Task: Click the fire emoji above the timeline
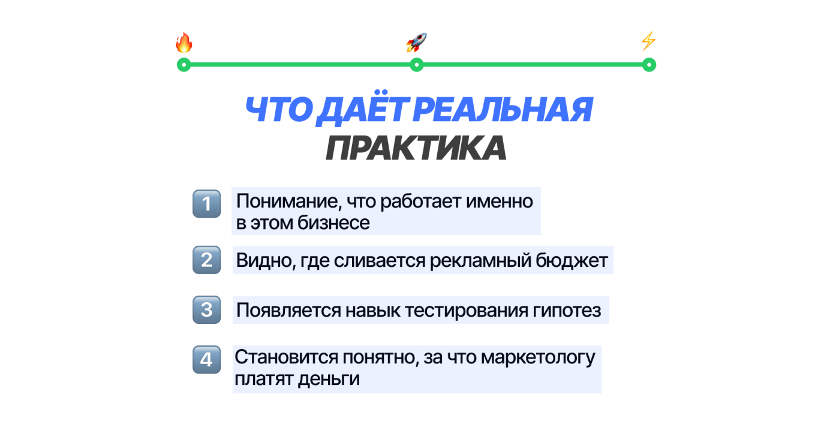pyautogui.click(x=184, y=43)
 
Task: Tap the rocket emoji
pyautogui.click(x=416, y=43)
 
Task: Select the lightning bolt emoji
pyautogui.click(x=648, y=41)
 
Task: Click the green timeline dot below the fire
pyautogui.click(x=184, y=65)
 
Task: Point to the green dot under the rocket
pyautogui.click(x=416, y=65)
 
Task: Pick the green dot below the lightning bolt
pyautogui.click(x=648, y=65)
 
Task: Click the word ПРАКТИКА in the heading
pyautogui.click(x=416, y=148)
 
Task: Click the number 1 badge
pyautogui.click(x=207, y=205)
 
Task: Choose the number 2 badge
pyautogui.click(x=207, y=260)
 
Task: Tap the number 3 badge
pyautogui.click(x=207, y=310)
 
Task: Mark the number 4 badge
pyautogui.click(x=207, y=360)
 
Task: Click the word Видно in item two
pyautogui.click(x=262, y=261)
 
